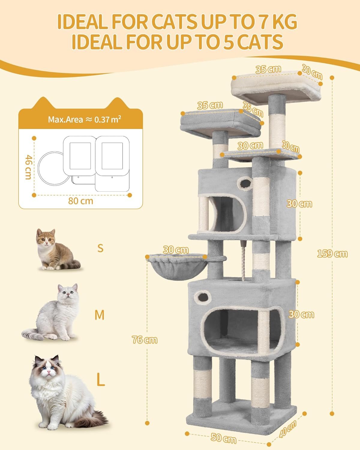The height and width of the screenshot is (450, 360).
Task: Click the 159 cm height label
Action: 332,253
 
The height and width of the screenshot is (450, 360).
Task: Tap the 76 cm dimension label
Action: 145,340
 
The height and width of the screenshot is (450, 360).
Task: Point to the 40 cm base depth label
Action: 288,429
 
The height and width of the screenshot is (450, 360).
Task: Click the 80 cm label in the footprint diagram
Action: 80,201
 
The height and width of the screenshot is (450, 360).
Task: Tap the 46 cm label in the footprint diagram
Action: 28,167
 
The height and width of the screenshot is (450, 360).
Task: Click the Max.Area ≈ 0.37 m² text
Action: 85,119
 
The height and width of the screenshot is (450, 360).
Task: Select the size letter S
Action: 100,248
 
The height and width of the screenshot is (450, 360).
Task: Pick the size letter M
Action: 99,315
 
